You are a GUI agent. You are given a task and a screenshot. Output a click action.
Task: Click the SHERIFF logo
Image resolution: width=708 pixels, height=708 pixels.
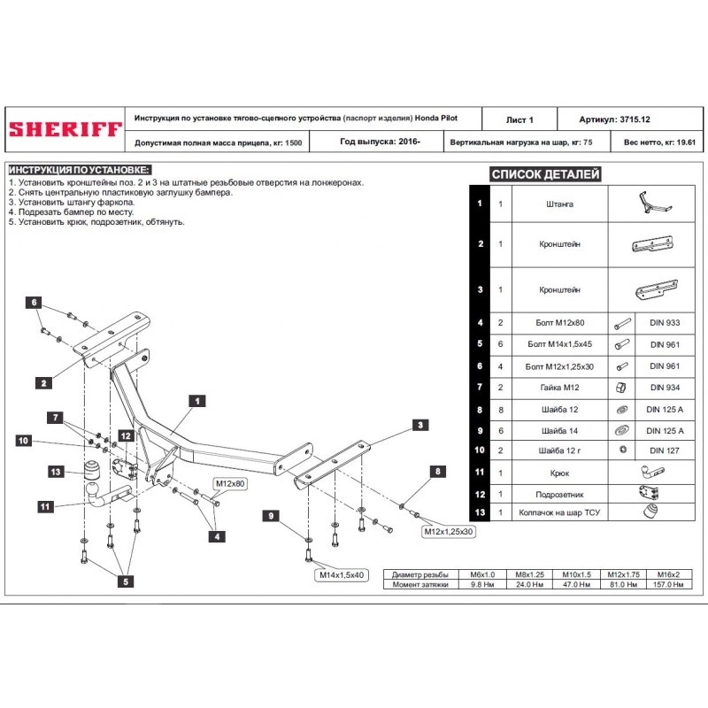65,129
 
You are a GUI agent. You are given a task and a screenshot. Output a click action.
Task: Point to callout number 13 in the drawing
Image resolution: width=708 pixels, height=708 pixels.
57,472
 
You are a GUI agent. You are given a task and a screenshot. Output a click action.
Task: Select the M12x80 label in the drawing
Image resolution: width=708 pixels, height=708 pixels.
228,484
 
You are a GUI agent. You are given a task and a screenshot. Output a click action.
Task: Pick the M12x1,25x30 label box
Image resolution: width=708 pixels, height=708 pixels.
448,532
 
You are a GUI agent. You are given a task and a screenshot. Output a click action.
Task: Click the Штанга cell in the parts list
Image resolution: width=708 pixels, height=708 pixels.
559,204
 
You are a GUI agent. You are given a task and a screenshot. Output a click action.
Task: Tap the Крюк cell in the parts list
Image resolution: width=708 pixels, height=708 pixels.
559,473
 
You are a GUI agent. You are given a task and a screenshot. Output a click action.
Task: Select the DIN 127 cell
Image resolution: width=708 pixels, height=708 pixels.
666,450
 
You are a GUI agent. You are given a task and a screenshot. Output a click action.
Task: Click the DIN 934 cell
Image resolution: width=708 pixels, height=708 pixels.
666,387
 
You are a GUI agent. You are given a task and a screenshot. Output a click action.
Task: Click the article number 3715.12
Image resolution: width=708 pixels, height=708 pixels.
635,119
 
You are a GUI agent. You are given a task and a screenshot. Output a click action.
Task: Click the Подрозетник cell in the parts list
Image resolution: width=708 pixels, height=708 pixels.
559,495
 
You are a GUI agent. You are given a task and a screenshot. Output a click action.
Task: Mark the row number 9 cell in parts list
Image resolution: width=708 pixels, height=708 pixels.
479,430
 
